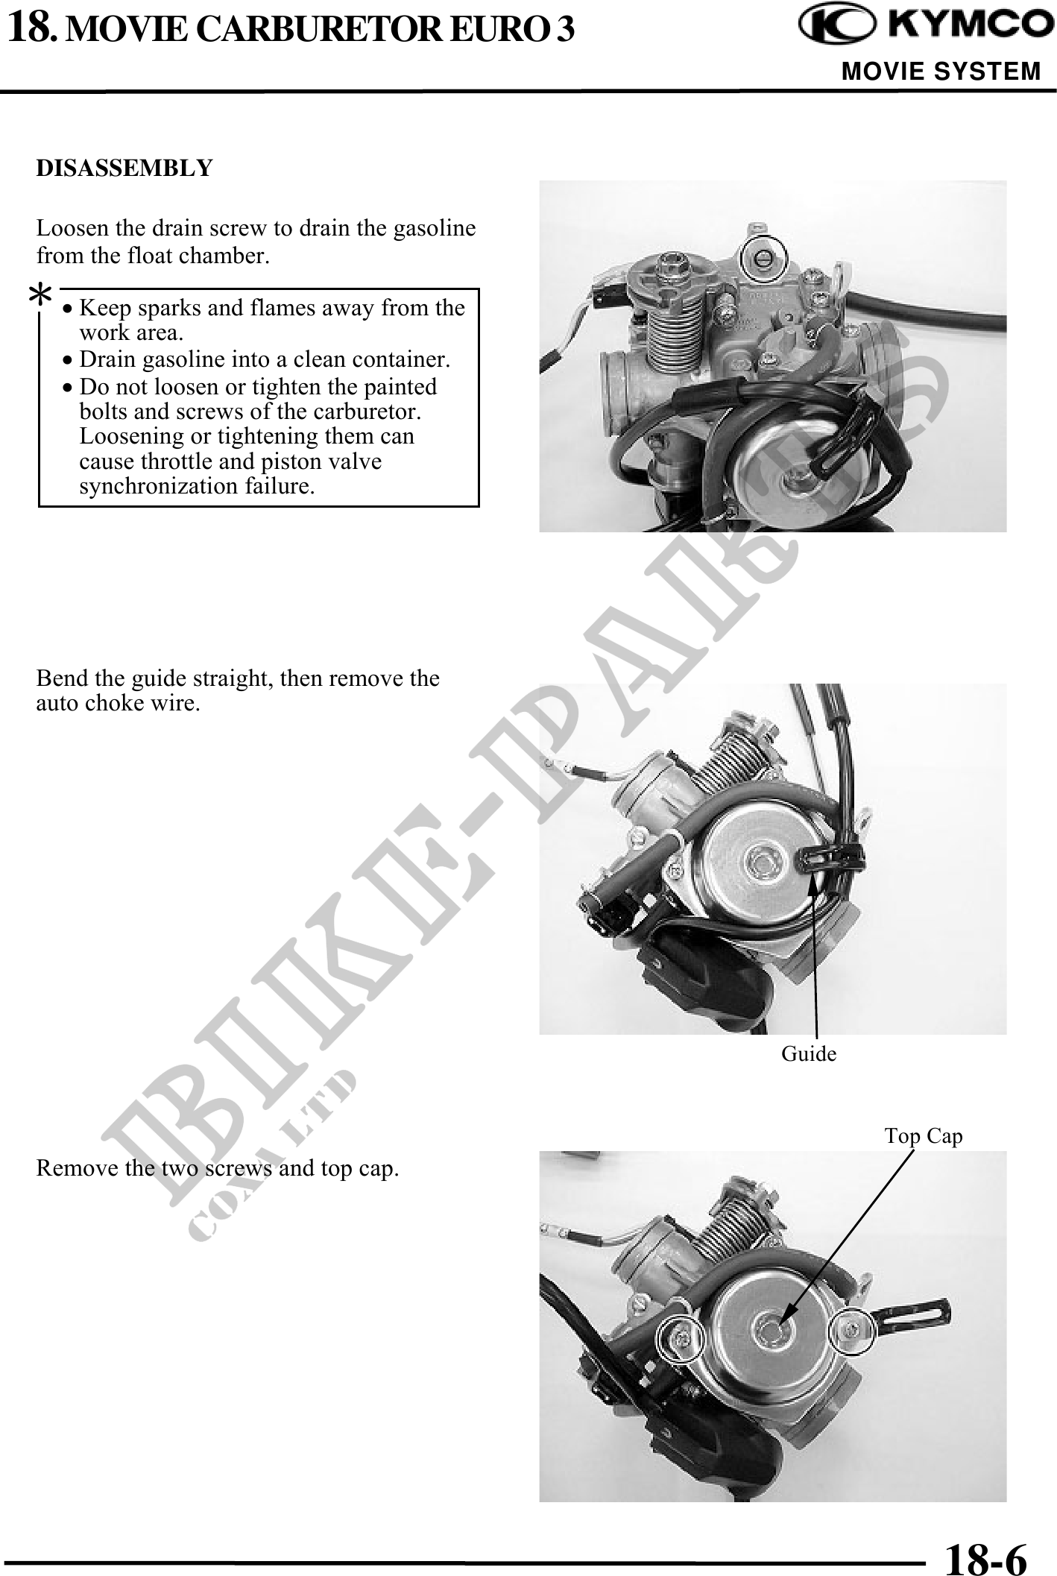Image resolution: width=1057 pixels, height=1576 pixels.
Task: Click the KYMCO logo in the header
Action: point(921,27)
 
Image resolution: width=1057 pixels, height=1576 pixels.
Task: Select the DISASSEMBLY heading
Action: point(124,168)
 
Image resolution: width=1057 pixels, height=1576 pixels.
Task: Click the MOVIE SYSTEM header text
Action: point(941,72)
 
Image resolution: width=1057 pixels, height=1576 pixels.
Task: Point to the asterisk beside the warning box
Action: point(40,297)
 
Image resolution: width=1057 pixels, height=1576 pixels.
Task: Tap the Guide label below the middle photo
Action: point(809,1053)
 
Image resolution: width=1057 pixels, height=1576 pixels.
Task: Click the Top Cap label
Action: point(924,1135)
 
